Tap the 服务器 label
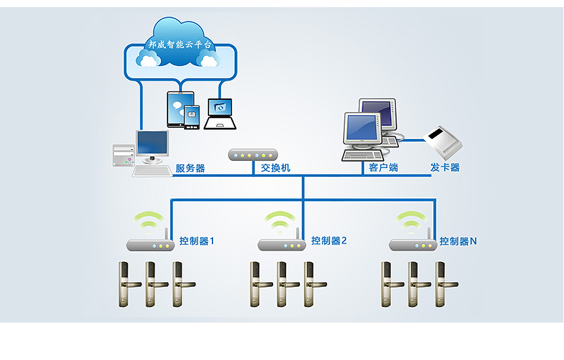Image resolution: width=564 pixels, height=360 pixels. click(190, 168)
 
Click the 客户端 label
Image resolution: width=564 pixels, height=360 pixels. click(383, 168)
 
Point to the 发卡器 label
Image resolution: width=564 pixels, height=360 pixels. click(445, 168)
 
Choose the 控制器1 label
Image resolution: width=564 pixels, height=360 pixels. click(197, 241)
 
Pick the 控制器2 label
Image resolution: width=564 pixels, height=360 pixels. click(328, 241)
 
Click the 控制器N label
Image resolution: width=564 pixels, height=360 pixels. click(458, 241)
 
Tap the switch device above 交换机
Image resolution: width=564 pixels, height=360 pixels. click(253, 154)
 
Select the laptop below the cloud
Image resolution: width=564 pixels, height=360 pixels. click(220, 114)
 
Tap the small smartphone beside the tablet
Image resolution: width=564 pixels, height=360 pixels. click(192, 116)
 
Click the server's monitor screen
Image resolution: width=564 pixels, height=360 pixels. click(152, 143)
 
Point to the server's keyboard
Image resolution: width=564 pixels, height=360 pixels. click(153, 170)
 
